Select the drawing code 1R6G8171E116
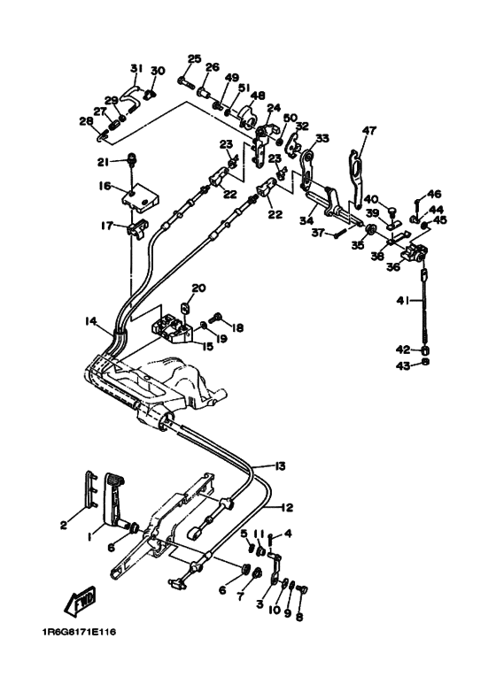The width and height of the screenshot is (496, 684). (79, 632)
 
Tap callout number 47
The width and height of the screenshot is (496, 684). (369, 130)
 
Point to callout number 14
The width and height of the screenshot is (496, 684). (91, 321)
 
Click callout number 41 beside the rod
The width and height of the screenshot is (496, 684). (403, 300)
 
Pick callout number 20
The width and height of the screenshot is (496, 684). (198, 288)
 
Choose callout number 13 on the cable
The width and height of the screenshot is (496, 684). (280, 466)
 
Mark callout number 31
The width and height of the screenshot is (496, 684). (136, 68)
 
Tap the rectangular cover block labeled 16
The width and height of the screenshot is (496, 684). (139, 198)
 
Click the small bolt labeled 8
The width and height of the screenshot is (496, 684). (302, 589)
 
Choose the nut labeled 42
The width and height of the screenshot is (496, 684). (426, 350)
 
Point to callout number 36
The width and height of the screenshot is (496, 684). (393, 265)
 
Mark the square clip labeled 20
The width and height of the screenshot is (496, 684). (185, 307)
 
